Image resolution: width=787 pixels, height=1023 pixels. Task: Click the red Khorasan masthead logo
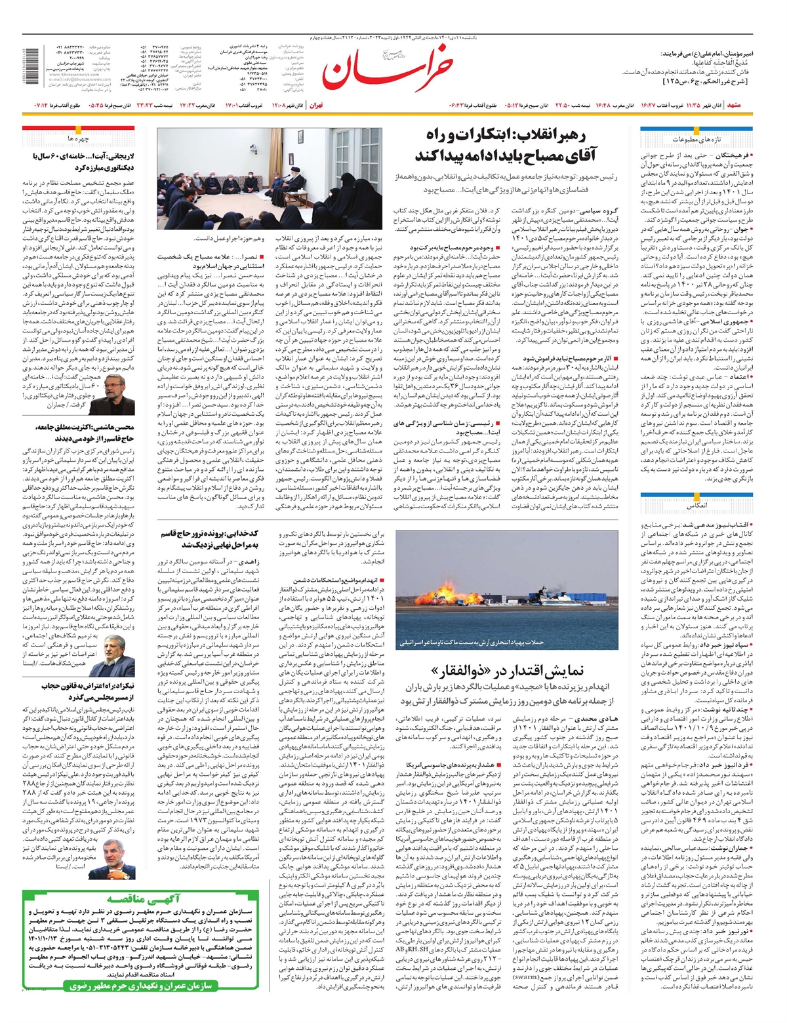(x=387, y=70)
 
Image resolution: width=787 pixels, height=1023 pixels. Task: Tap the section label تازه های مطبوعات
(x=696, y=140)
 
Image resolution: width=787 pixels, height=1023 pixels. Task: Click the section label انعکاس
(x=695, y=506)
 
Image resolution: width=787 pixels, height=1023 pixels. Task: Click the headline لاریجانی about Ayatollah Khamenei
(x=83, y=162)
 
